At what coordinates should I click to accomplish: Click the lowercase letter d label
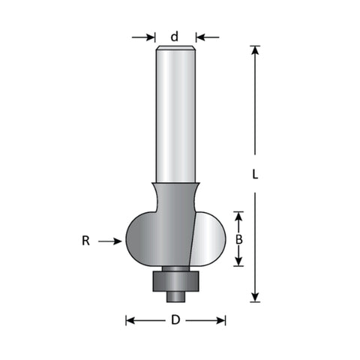click(175, 37)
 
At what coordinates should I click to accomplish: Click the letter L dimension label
click(255, 174)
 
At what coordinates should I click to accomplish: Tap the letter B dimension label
click(239, 239)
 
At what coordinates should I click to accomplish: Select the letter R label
click(85, 241)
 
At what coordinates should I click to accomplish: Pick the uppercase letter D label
click(175, 320)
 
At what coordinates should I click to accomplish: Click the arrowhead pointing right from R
click(118, 241)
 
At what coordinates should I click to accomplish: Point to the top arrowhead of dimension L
click(255, 50)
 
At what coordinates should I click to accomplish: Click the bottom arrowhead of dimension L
click(255, 298)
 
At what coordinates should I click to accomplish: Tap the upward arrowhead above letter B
click(239, 216)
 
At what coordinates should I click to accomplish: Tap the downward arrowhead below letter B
click(239, 261)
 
